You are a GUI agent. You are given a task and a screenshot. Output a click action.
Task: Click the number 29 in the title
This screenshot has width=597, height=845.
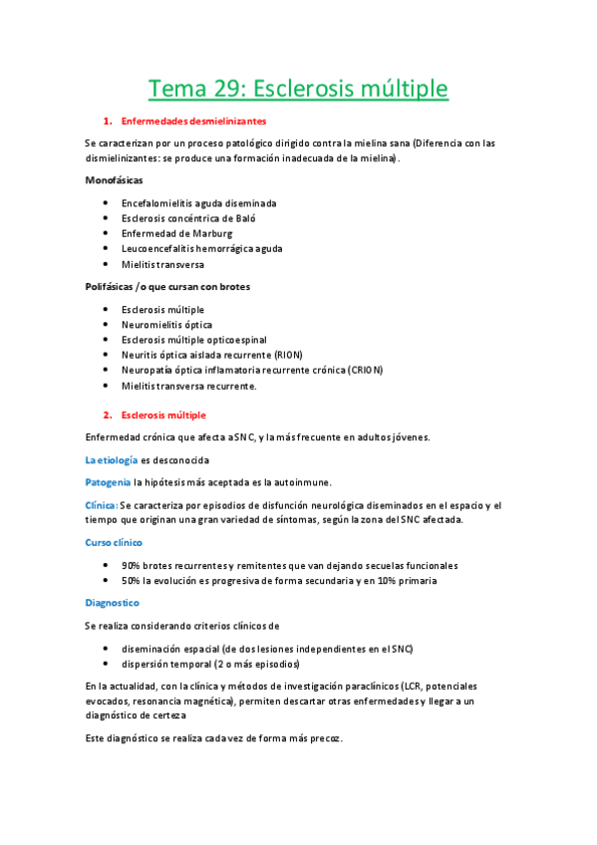pyautogui.click(x=225, y=90)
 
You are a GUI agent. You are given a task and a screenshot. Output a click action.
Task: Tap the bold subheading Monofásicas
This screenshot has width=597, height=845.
pyautogui.click(x=114, y=180)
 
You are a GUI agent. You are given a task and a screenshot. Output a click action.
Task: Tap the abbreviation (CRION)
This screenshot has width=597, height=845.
pyautogui.click(x=364, y=370)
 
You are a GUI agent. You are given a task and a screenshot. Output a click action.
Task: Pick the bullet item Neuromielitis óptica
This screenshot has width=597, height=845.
pyautogui.click(x=166, y=325)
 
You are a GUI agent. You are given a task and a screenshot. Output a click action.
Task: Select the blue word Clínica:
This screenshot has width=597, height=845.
pyautogui.click(x=101, y=505)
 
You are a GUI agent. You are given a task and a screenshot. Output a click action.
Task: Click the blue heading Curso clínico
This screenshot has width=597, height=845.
pyautogui.click(x=114, y=543)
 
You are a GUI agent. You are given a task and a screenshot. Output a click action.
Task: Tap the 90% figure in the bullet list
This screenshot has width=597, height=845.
pyautogui.click(x=132, y=566)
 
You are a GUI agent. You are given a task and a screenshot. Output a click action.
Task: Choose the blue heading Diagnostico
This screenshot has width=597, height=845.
pyautogui.click(x=112, y=603)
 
